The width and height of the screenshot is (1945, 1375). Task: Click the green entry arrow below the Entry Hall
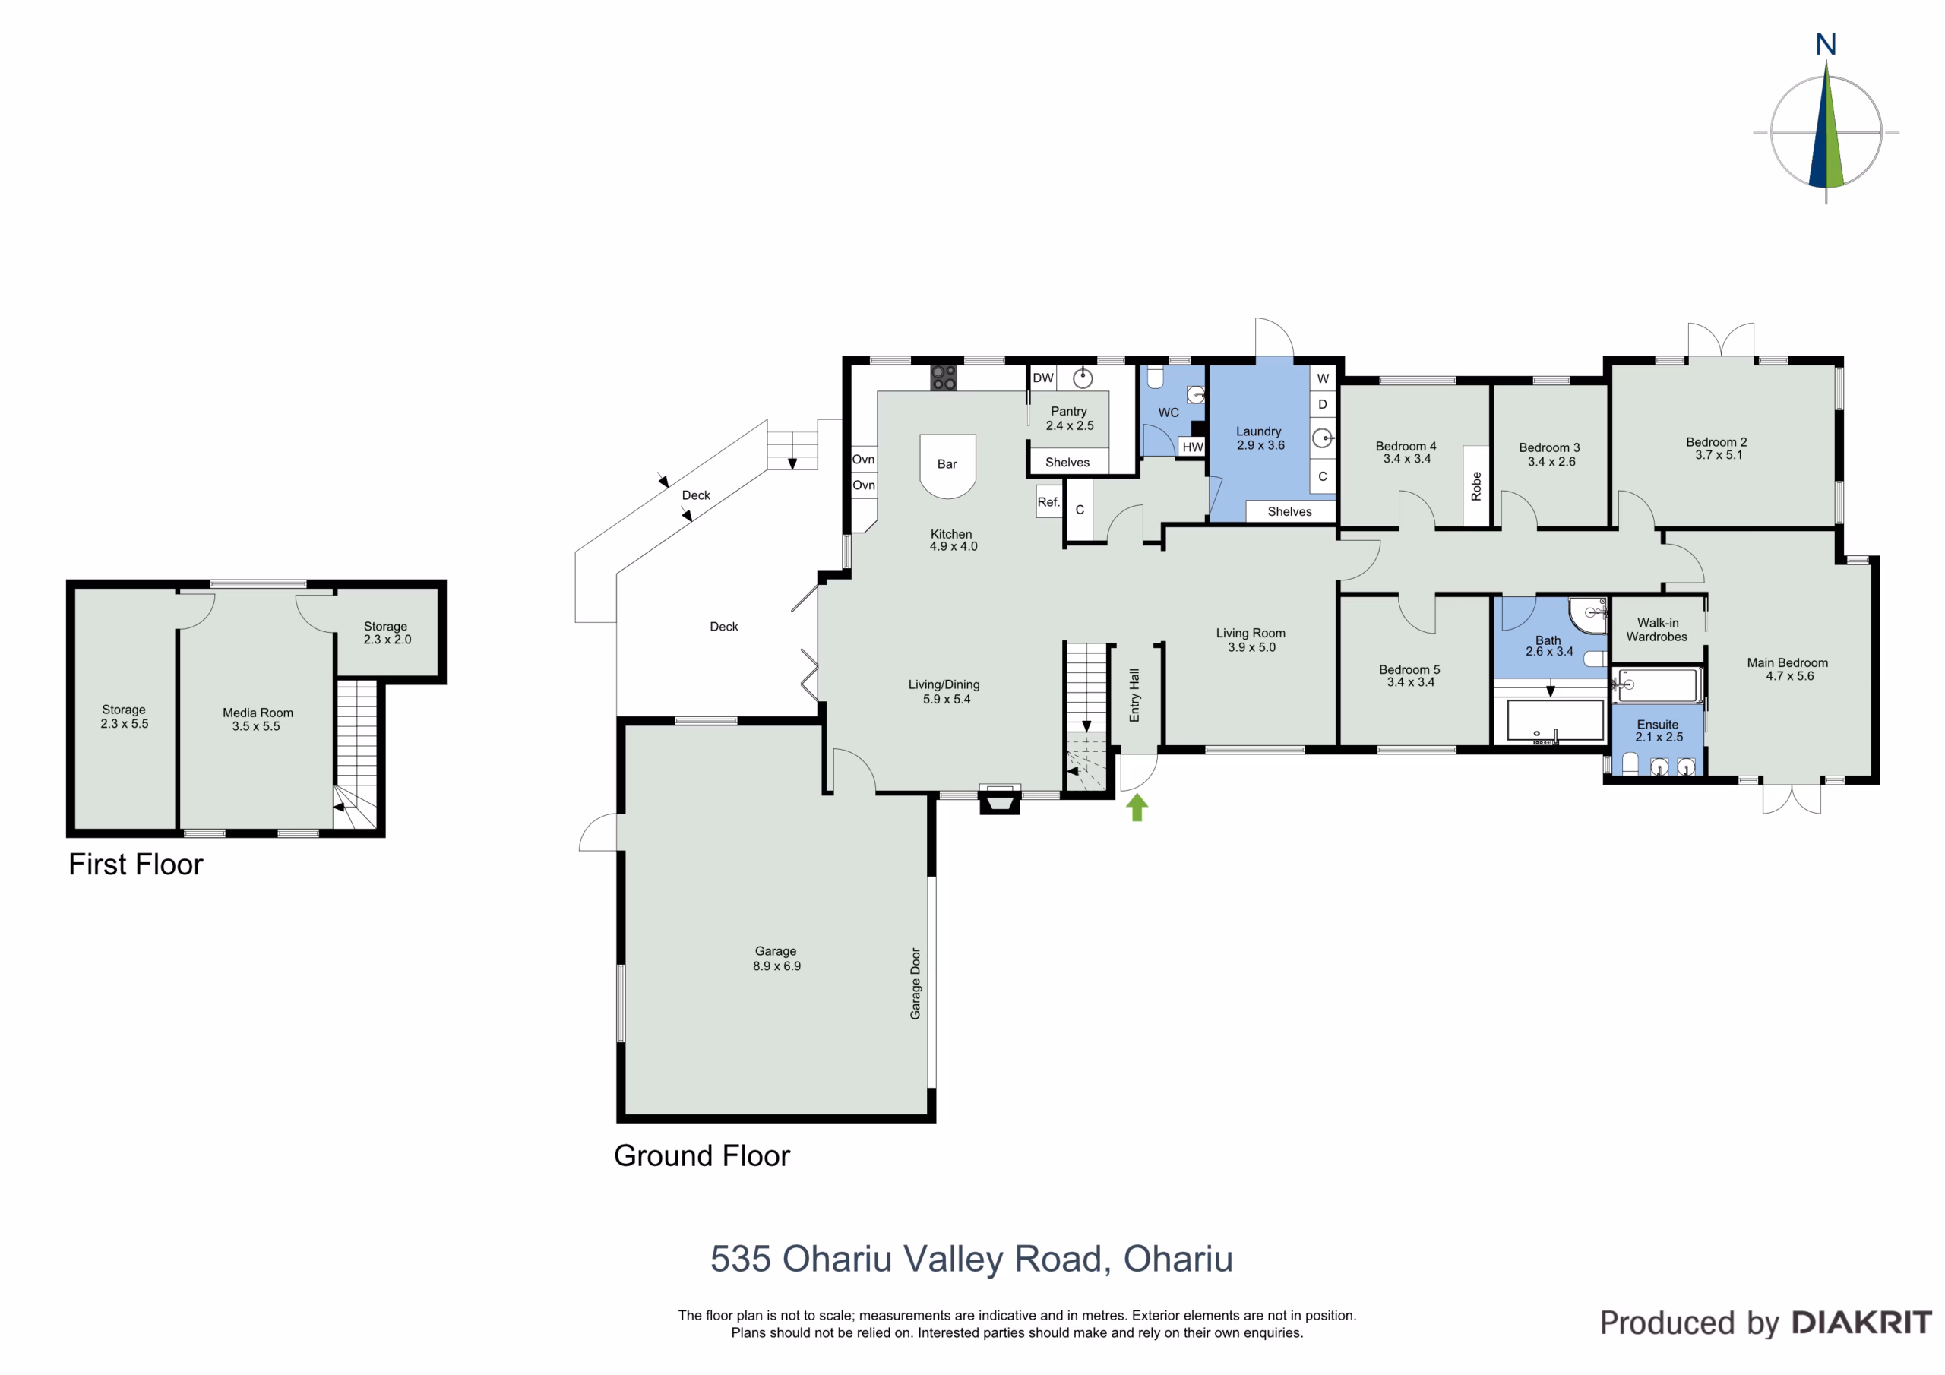click(1137, 808)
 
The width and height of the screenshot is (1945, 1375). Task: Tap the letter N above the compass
click(1826, 45)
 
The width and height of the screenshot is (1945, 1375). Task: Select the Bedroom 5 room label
click(1409, 669)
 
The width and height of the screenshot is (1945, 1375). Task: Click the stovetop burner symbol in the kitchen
click(944, 378)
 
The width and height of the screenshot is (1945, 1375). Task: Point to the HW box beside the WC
click(1193, 447)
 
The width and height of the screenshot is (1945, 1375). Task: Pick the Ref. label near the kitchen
click(1048, 501)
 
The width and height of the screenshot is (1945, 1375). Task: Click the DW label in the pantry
click(1043, 378)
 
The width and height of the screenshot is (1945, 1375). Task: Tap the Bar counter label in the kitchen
click(947, 464)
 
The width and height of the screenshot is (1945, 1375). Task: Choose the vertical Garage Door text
click(915, 984)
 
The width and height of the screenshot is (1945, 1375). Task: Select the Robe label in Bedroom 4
click(1476, 486)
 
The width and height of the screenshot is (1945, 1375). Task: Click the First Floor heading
click(135, 865)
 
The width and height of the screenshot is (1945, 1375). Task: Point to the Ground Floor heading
click(701, 1155)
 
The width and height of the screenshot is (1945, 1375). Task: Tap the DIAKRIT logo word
click(1861, 1323)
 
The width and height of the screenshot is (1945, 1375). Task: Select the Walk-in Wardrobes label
click(1657, 630)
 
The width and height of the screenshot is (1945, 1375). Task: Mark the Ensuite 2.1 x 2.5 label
click(1658, 730)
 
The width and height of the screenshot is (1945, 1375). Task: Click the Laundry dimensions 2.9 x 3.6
click(1260, 444)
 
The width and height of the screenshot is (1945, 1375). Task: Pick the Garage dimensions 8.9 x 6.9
click(776, 966)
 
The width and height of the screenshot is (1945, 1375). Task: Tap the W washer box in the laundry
click(1322, 378)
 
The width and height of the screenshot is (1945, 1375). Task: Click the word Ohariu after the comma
click(1178, 1259)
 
